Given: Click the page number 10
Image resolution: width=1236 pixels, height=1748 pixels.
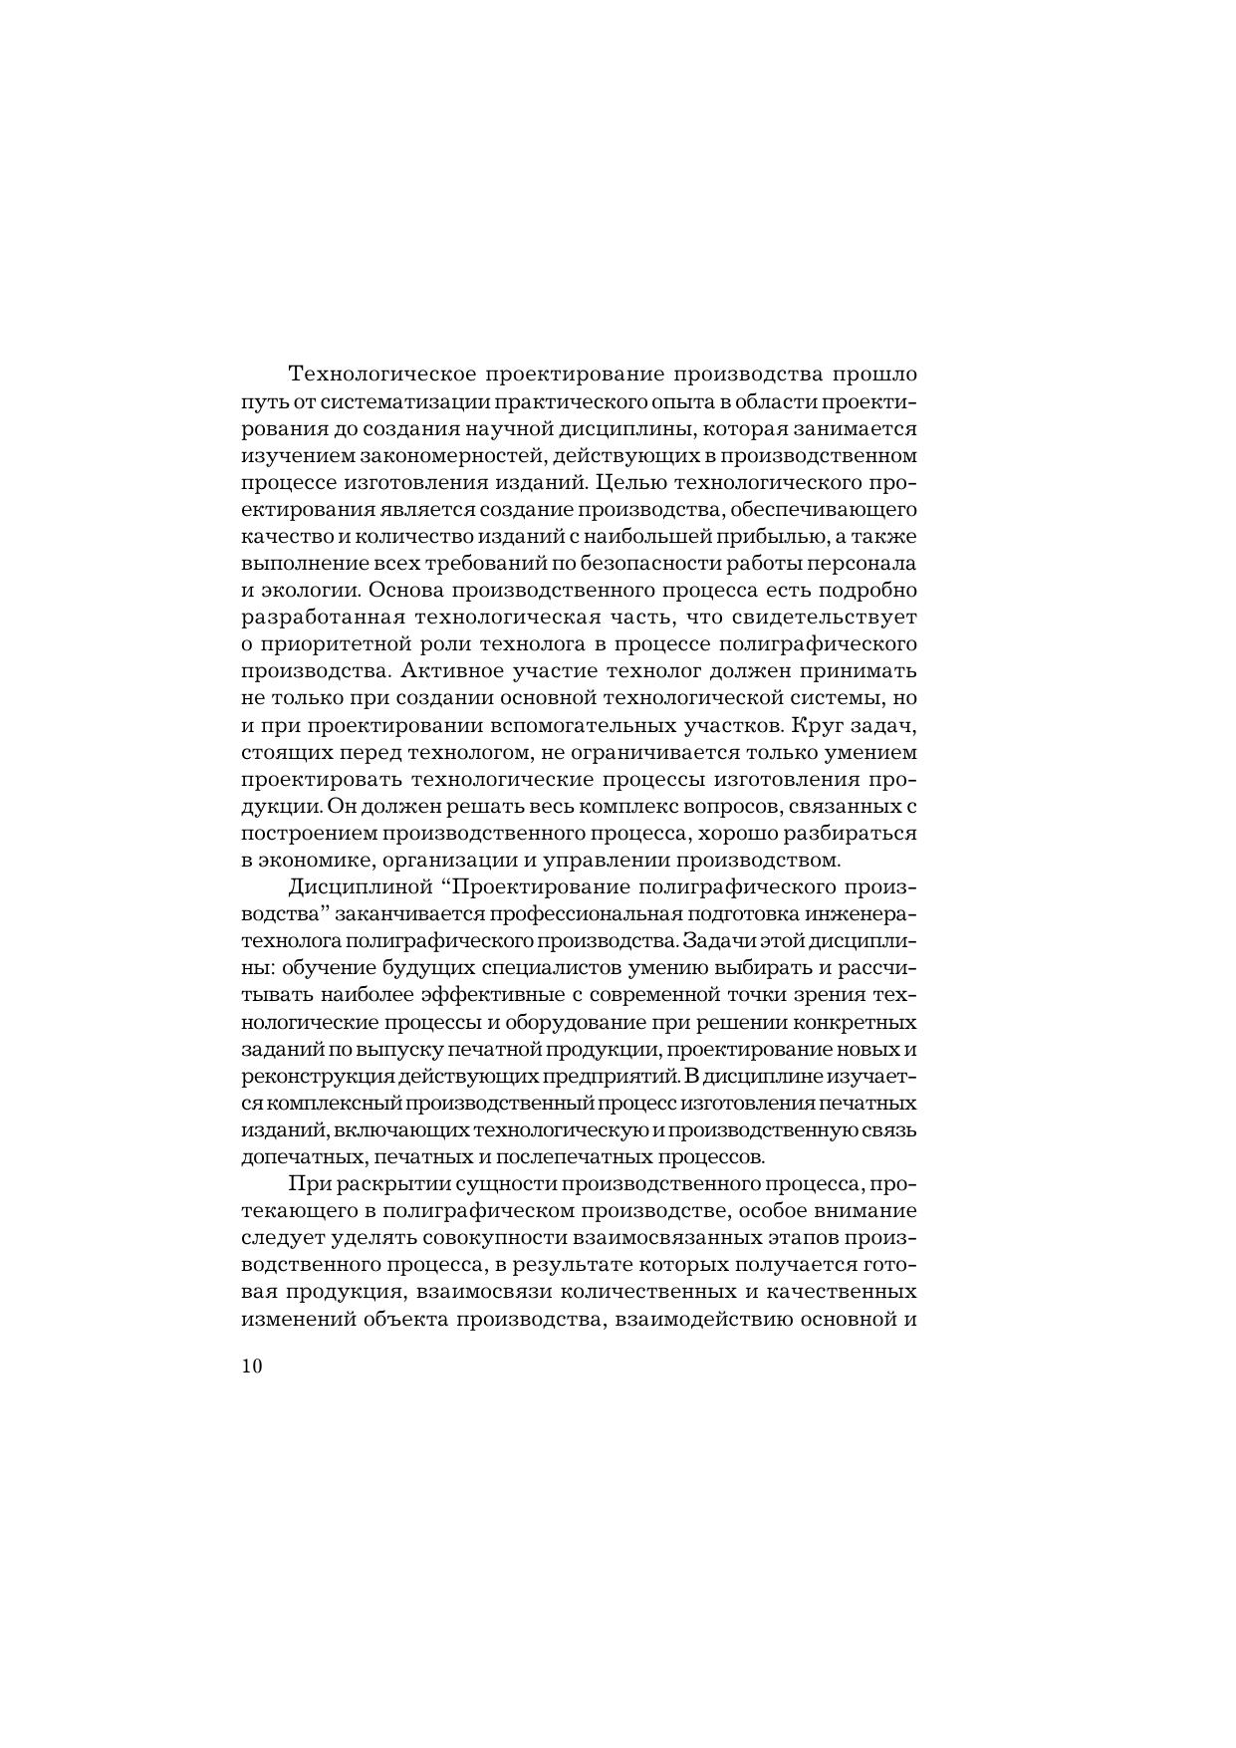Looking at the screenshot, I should tap(251, 1367).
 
